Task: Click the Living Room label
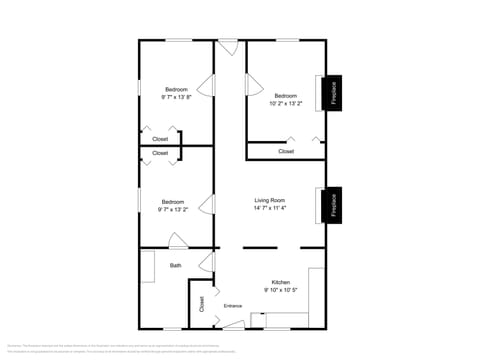click(270, 201)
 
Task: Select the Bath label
click(176, 265)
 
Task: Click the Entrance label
click(233, 305)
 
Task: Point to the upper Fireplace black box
click(333, 92)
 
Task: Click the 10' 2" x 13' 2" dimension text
click(285, 103)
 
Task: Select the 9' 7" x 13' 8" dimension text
click(176, 97)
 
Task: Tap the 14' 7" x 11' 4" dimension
click(270, 210)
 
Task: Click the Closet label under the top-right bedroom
click(286, 151)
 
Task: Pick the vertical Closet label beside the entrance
click(201, 304)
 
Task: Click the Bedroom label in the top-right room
click(286, 95)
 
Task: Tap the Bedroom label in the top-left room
click(176, 89)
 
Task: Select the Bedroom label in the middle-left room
click(173, 201)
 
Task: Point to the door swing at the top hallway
click(228, 47)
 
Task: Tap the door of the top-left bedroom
click(208, 86)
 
